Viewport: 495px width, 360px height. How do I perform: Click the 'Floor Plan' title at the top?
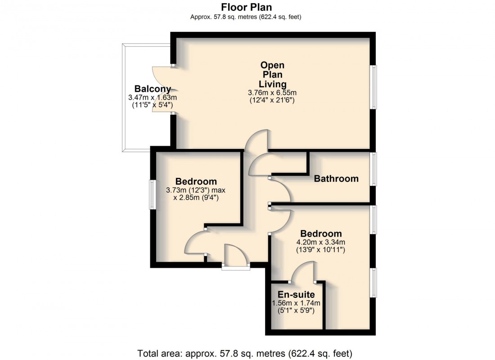pyautogui.click(x=246, y=7)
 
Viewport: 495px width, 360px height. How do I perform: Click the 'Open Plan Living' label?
pyautogui.click(x=273, y=75)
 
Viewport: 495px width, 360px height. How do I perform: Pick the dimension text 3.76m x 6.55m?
pyautogui.click(x=272, y=93)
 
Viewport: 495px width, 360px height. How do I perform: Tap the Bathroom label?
pyautogui.click(x=336, y=179)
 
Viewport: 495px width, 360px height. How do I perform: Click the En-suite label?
pyautogui.click(x=296, y=295)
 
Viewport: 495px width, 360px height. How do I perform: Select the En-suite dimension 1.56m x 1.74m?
pyautogui.click(x=296, y=303)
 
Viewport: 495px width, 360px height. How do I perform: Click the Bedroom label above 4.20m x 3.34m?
pyautogui.click(x=321, y=234)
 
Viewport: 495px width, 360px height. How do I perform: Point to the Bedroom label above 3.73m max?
pyautogui.click(x=196, y=181)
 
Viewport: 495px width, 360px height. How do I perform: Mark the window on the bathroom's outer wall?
pyautogui.click(x=373, y=169)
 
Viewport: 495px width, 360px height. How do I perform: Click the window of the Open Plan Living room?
pyautogui.click(x=373, y=87)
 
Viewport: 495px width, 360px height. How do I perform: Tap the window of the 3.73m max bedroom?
pyautogui.click(x=153, y=194)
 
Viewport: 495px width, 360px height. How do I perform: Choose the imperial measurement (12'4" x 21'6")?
pyautogui.click(x=272, y=100)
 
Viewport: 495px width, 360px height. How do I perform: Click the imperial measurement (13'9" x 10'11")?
pyautogui.click(x=321, y=249)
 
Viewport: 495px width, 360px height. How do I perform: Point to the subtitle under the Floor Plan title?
pyautogui.click(x=246, y=17)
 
